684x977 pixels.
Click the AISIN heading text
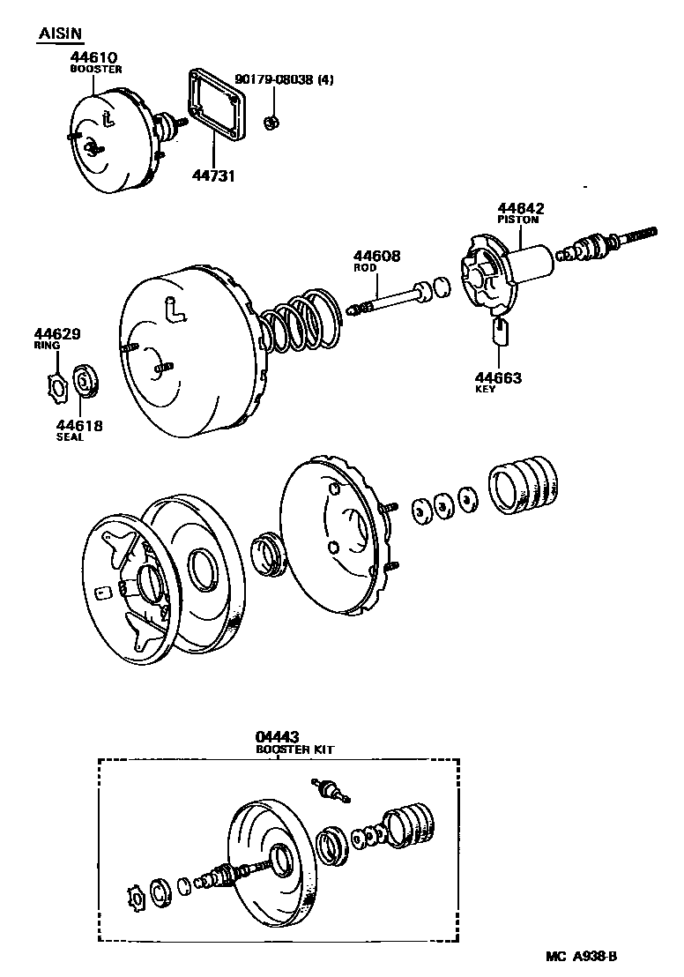coord(60,34)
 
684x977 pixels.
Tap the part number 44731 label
coord(213,175)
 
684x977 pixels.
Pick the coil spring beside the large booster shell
coord(300,325)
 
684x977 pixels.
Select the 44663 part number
coord(498,378)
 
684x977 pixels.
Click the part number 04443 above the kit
coord(276,736)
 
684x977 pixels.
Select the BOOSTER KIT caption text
coord(294,750)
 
